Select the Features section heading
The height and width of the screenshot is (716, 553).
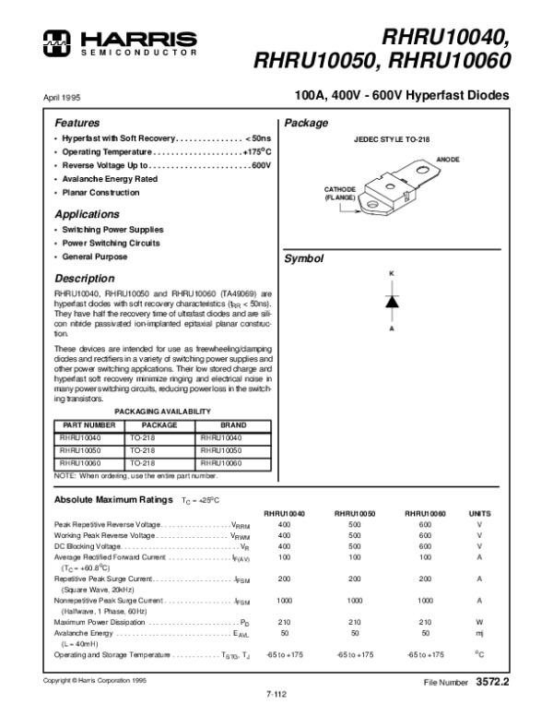(x=76, y=123)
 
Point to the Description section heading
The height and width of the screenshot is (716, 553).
(x=84, y=279)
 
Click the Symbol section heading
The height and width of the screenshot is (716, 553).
(x=304, y=259)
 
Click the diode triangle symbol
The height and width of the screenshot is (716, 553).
(x=391, y=301)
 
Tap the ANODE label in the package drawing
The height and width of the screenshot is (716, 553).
(x=448, y=160)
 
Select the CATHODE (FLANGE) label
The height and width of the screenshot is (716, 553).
(x=339, y=193)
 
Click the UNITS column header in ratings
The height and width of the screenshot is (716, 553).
(x=479, y=512)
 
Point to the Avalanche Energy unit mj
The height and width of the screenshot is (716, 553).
(x=479, y=634)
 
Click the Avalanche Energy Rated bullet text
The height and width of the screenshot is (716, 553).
(x=110, y=179)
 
